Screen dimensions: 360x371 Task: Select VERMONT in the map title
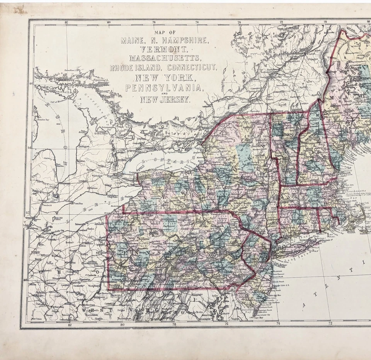point(165,49)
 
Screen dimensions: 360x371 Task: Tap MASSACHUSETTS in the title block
point(165,59)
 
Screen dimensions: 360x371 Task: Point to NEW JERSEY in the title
point(165,100)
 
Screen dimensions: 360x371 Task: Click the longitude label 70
point(325,22)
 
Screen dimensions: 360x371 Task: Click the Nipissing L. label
point(101,79)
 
